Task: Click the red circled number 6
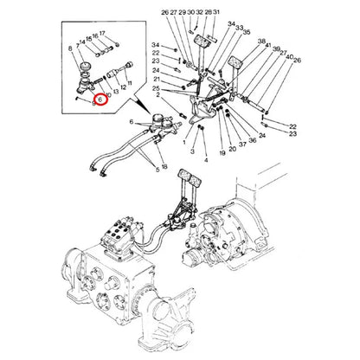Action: [100, 100]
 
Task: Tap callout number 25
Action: [155, 89]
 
